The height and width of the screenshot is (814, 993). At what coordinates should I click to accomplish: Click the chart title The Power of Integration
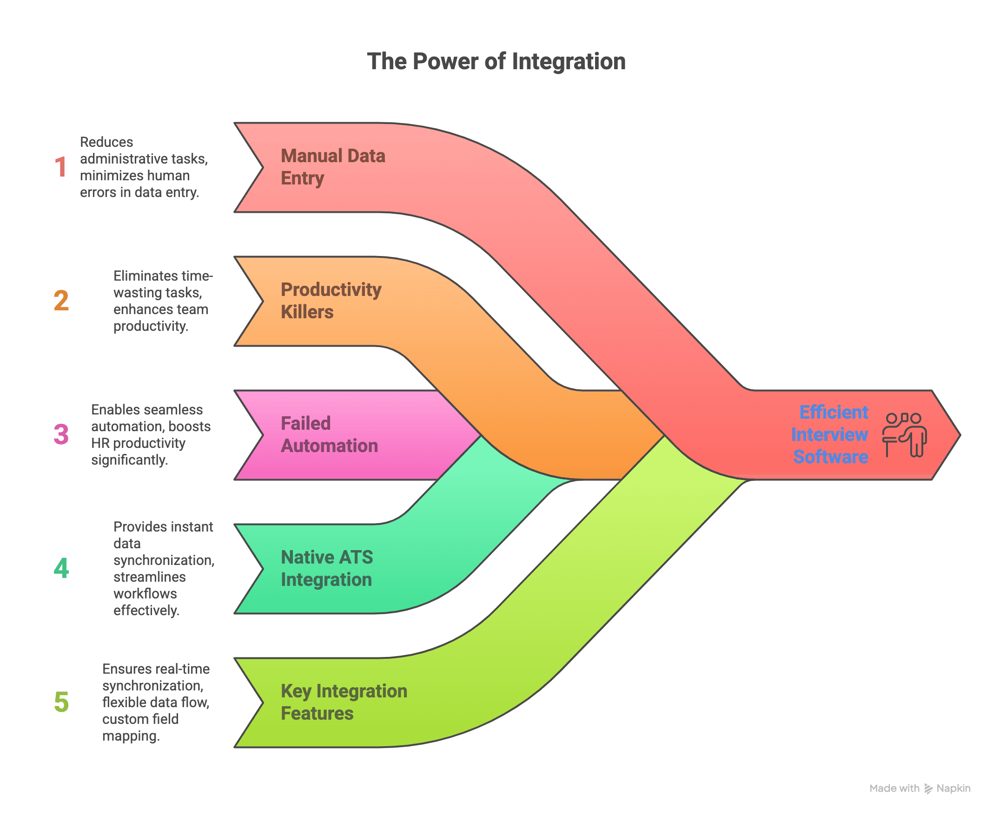click(496, 61)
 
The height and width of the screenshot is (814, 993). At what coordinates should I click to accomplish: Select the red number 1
click(60, 167)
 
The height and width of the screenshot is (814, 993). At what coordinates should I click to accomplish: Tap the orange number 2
click(61, 301)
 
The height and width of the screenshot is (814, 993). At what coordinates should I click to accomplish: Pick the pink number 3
click(61, 434)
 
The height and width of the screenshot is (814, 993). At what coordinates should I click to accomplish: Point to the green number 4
click(61, 568)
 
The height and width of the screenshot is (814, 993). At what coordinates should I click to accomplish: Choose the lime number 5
click(61, 702)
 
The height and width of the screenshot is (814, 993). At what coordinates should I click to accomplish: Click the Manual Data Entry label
click(333, 167)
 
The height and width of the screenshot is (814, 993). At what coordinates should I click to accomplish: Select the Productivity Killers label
click(331, 301)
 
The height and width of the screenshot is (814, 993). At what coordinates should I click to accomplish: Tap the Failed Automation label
click(329, 434)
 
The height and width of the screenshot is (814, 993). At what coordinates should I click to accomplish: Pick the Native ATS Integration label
click(327, 568)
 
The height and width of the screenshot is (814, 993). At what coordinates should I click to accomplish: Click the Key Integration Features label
click(344, 702)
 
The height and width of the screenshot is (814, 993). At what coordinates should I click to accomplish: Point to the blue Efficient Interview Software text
click(829, 434)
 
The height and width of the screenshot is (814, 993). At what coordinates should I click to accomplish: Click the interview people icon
click(904, 435)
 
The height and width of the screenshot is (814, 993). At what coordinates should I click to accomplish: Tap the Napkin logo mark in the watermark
click(928, 789)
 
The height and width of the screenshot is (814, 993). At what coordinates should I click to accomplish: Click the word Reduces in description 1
click(106, 142)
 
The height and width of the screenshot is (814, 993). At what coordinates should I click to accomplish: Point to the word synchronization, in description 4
click(164, 560)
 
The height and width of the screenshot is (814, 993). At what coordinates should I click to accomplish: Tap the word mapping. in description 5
click(131, 736)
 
